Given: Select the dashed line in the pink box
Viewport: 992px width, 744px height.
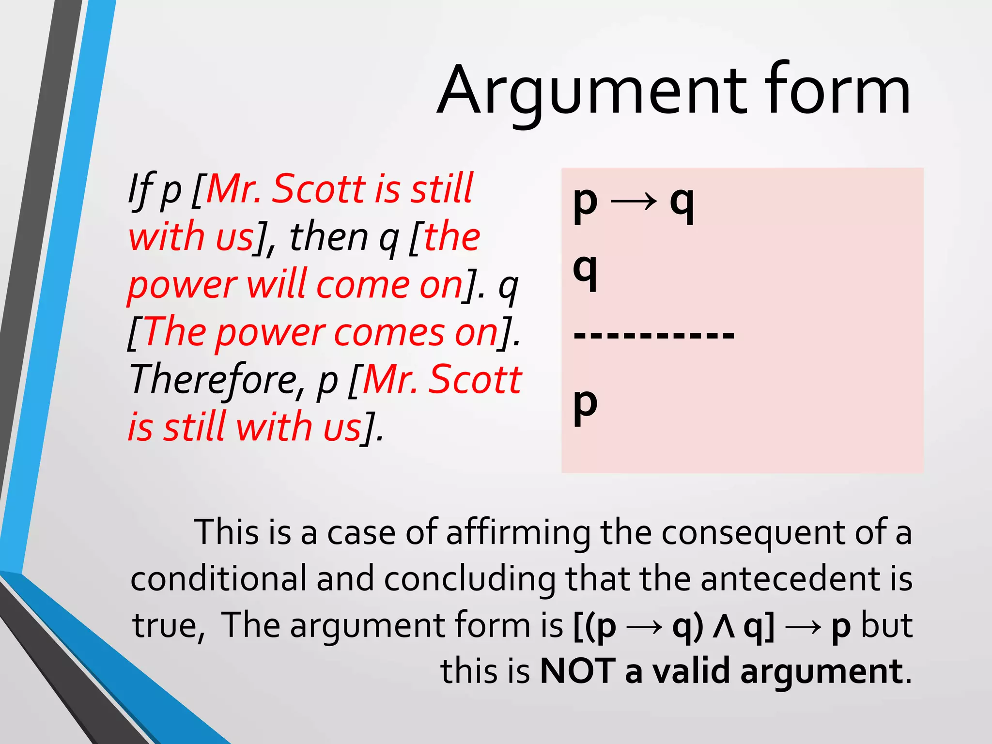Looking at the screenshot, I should pos(654,334).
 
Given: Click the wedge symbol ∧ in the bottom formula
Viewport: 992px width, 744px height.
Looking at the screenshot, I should pos(724,626).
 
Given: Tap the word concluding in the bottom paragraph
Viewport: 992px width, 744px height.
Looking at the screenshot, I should pos(470,579).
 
